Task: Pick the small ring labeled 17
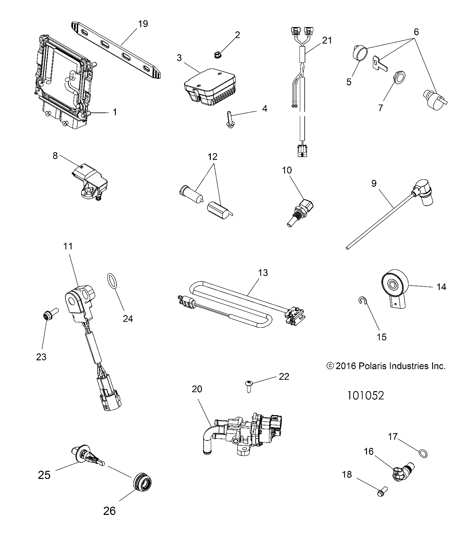[423, 454]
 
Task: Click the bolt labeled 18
[381, 494]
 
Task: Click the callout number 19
[143, 24]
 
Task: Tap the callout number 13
[263, 273]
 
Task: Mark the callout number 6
[416, 32]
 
